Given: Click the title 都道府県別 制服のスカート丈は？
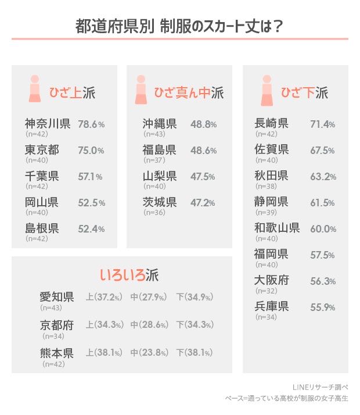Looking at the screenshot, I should tap(179, 26).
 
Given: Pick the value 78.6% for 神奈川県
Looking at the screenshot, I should tap(91, 124).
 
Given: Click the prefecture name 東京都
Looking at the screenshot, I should tap(42, 150).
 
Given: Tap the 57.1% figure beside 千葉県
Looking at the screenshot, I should tap(91, 176).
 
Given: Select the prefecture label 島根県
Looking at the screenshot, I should tap(42, 228).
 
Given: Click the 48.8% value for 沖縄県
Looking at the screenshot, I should tap(204, 124).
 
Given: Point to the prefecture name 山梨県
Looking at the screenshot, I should tap(160, 176).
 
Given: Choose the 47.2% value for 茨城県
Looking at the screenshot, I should tap(204, 203).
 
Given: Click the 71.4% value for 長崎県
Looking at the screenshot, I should tap(323, 124).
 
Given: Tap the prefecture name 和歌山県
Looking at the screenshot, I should tap(277, 228).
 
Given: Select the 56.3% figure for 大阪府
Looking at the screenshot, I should tap(323, 281).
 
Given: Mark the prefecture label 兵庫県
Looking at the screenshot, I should tap(271, 306).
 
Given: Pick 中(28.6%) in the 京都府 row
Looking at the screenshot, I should tap(150, 325).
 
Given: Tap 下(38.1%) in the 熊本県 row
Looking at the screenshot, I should tap(194, 352).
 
